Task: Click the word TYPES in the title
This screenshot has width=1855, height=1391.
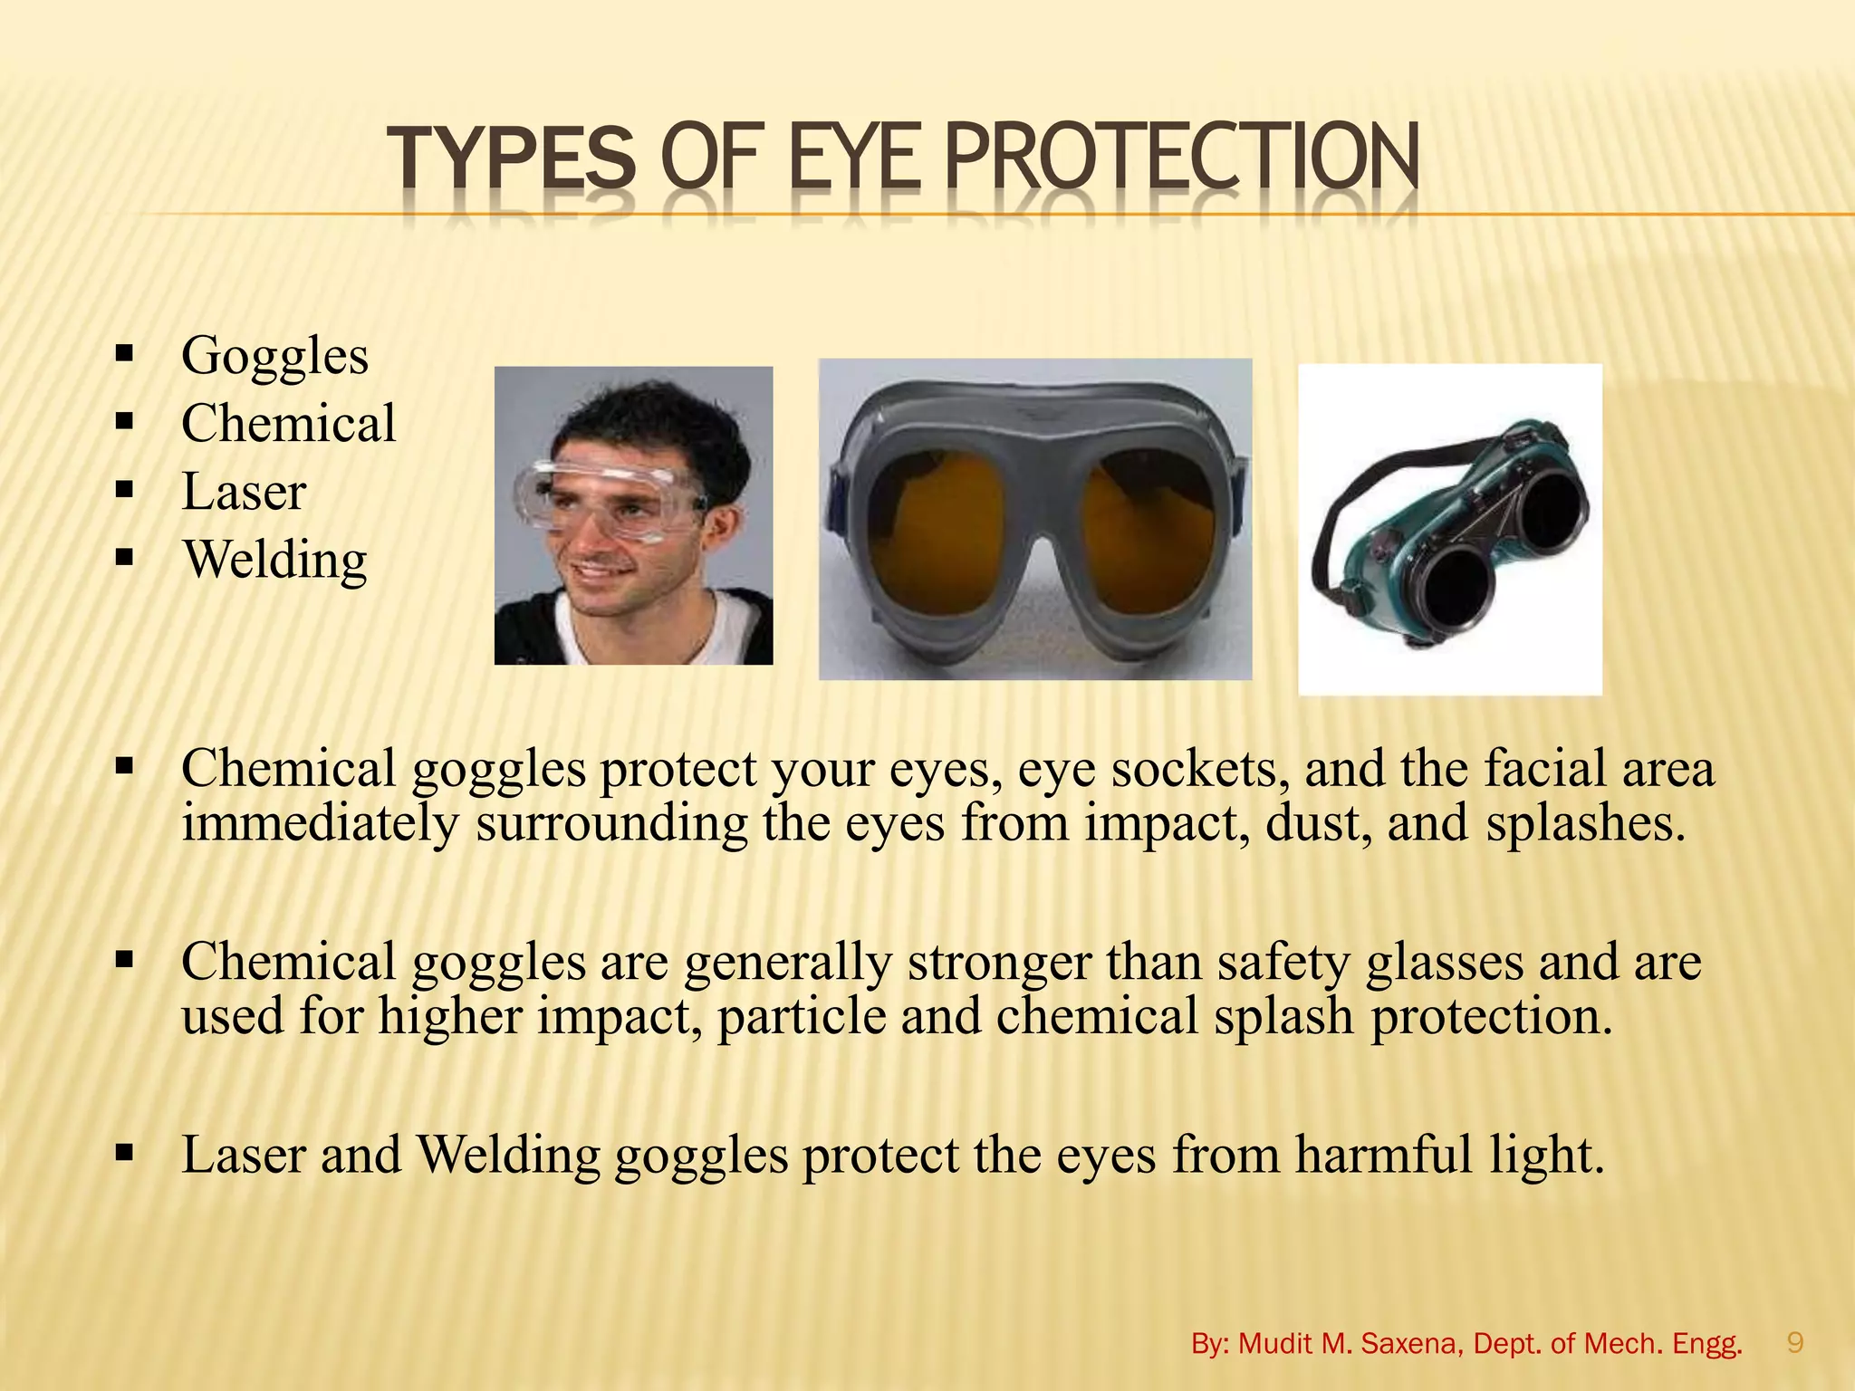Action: pos(511,159)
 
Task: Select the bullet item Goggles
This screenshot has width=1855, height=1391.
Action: pos(275,355)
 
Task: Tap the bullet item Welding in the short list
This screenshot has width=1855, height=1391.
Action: pos(275,560)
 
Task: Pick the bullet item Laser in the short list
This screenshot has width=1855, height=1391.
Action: pos(245,492)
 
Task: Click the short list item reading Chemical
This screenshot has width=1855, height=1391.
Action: pos(289,423)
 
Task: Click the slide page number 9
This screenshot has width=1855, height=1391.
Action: pos(1795,1342)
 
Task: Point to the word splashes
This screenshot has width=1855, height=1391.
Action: pos(1585,823)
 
